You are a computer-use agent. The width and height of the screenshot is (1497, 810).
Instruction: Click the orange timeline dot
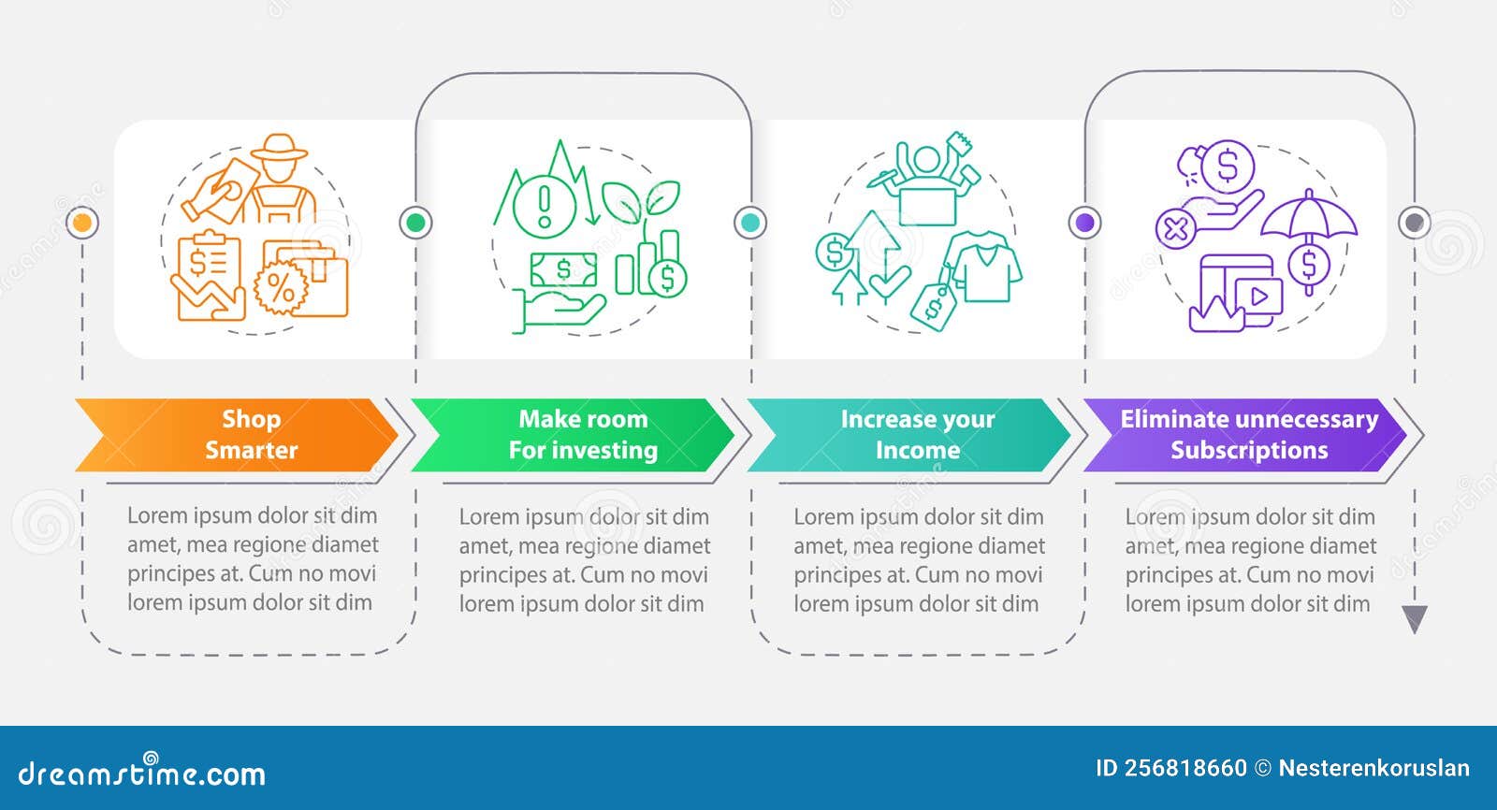pyautogui.click(x=82, y=223)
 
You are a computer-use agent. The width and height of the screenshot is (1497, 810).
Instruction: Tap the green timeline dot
pyautogui.click(x=415, y=223)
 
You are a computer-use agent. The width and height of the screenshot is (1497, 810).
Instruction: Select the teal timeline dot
pyautogui.click(x=749, y=223)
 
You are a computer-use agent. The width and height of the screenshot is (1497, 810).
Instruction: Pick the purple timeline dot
pyautogui.click(x=1084, y=223)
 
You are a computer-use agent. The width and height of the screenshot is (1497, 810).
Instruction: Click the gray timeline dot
pyautogui.click(x=1414, y=223)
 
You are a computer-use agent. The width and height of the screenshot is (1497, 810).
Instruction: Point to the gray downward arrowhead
pyautogui.click(x=1415, y=618)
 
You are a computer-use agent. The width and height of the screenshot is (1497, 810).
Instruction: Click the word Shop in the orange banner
pyautogui.click(x=251, y=419)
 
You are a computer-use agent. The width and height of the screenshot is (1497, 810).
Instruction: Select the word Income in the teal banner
pyautogui.click(x=917, y=450)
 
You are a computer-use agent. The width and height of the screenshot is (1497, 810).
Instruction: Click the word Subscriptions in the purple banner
pyautogui.click(x=1249, y=450)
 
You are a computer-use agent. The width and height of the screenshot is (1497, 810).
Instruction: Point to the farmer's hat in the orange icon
pyautogui.click(x=279, y=148)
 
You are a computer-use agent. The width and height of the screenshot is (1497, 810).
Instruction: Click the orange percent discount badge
pyautogui.click(x=281, y=290)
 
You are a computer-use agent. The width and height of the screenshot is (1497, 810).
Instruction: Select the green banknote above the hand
pyautogui.click(x=563, y=270)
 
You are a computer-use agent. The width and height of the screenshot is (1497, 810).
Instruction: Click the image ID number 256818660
pyautogui.click(x=1185, y=768)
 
